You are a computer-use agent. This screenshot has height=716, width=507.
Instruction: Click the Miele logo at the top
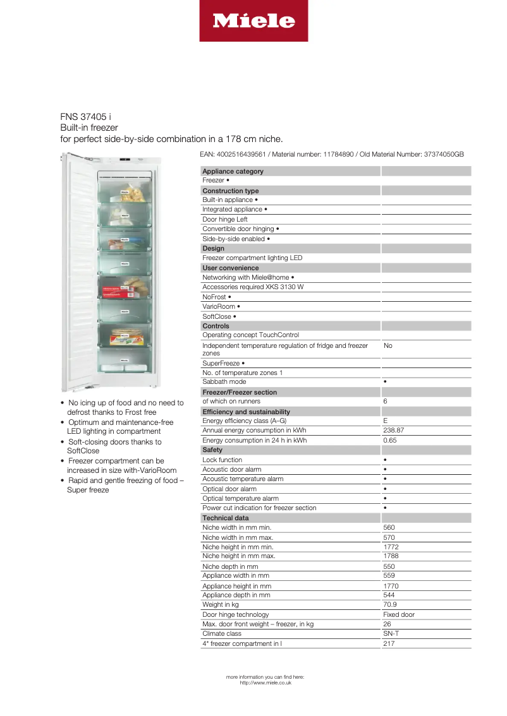tap(253, 21)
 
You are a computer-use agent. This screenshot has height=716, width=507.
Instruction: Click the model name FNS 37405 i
tap(85, 117)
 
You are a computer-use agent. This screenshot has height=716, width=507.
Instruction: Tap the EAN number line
tap(332, 154)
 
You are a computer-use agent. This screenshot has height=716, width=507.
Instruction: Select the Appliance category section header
tap(233, 171)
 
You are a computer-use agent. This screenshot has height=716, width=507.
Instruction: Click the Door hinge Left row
tap(224, 219)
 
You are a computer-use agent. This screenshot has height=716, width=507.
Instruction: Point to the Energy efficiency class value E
tap(386, 421)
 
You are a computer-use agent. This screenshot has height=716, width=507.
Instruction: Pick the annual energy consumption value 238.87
tap(393, 431)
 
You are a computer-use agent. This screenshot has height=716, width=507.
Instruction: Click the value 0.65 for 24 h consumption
tap(389, 440)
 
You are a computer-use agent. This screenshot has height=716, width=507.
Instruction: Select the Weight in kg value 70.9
tap(389, 605)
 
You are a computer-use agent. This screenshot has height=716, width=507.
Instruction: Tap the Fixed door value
tap(398, 614)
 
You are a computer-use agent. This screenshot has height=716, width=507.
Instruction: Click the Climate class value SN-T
tap(391, 633)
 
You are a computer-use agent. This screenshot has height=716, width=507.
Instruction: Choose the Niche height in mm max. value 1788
tap(391, 556)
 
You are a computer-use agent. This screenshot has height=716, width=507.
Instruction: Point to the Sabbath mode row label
tap(224, 382)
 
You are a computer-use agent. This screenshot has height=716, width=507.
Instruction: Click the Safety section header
tap(212, 450)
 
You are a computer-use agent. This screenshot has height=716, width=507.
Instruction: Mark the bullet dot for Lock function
tap(385, 460)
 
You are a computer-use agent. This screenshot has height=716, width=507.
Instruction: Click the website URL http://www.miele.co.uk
tap(266, 683)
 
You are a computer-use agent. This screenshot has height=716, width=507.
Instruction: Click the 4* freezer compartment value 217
tap(389, 643)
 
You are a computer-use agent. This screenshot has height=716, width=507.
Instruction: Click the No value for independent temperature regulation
tap(388, 346)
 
